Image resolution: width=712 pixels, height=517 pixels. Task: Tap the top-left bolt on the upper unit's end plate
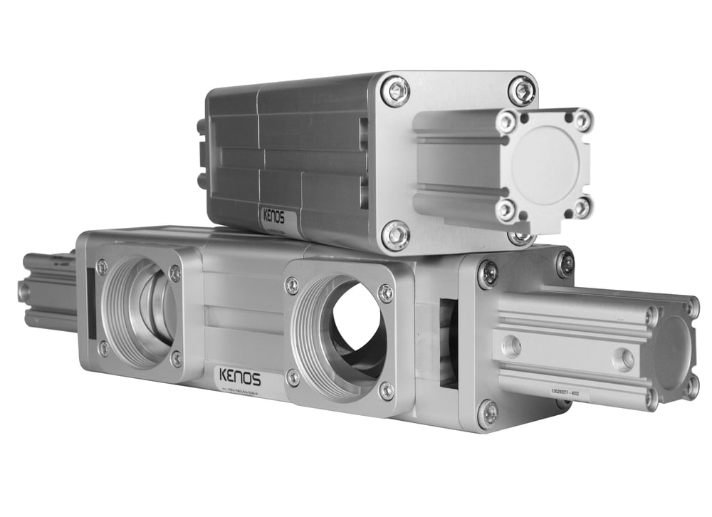click(x=396, y=90)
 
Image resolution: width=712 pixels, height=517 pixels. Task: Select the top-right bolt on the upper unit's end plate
click(x=523, y=90)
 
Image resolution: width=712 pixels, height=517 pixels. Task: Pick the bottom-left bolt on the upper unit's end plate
click(x=396, y=234)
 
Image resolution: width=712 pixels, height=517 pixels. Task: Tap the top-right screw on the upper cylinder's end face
click(x=582, y=120)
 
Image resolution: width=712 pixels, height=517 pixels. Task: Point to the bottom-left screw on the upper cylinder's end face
click(x=506, y=209)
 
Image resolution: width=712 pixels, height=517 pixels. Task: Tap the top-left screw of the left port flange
click(x=102, y=267)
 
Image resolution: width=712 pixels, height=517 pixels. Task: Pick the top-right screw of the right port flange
click(x=385, y=293)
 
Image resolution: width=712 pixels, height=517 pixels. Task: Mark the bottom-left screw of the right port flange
click(x=293, y=377)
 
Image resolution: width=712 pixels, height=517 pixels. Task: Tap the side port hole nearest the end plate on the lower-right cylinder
click(x=511, y=347)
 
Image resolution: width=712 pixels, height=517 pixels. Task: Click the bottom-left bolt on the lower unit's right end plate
click(x=488, y=414)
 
